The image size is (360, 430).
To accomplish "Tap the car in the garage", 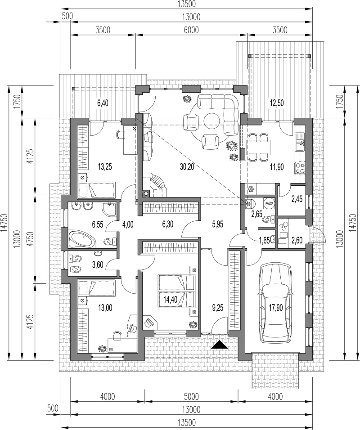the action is pos(275,303).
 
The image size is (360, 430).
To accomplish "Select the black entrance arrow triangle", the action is pos(220,345).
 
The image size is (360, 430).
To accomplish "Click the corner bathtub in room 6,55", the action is pos(82,239).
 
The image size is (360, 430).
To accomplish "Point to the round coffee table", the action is pos(211,121).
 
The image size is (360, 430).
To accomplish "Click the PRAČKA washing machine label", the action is pos(269,203).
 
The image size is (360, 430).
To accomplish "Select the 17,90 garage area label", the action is pos(275,308).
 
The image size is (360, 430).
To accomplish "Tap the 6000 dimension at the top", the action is pos(191,30).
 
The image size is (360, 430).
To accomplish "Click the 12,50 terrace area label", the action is pos(276,103).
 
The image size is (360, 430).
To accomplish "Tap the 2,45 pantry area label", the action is pos(297,199).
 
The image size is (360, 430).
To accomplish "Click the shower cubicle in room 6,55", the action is pos(109,210).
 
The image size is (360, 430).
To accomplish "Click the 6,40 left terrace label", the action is pos(103,103).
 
